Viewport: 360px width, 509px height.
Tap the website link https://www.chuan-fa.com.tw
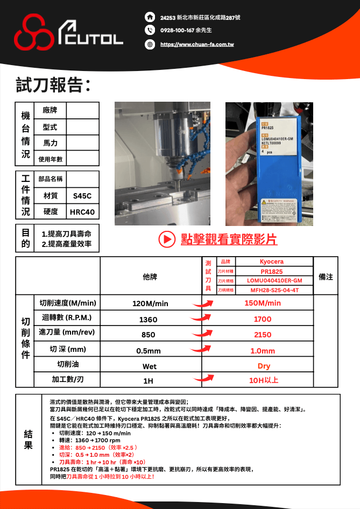(x=197, y=44)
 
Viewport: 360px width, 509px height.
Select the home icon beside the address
(x=150, y=18)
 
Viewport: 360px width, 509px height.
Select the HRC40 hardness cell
(x=82, y=212)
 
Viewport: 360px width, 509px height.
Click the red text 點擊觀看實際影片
(x=229, y=239)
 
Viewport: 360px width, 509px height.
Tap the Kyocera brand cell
(x=271, y=262)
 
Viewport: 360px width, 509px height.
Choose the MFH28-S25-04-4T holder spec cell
(x=271, y=290)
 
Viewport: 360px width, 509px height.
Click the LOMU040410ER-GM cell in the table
(x=271, y=281)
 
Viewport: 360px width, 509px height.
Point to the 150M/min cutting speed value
(x=263, y=303)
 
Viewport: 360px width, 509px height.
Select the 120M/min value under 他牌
(x=150, y=303)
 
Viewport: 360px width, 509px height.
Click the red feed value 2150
(x=263, y=334)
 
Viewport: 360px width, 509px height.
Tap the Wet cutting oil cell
(x=150, y=366)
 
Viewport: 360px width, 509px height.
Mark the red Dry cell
(x=263, y=365)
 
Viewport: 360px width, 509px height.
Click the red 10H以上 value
(x=263, y=380)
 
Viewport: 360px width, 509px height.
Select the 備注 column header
(x=326, y=277)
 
